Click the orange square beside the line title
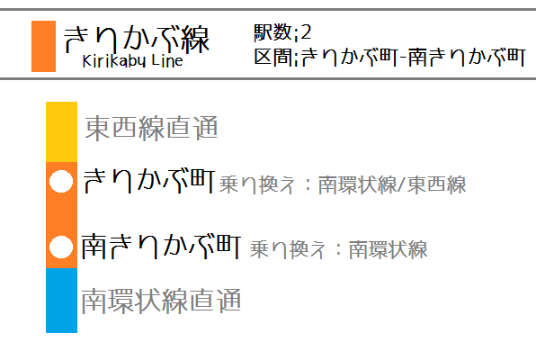coord(43,46)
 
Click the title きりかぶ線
coord(137,40)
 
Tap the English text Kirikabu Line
coord(132,61)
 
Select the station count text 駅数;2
coord(282,32)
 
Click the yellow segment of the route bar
coord(61,131)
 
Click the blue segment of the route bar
coord(61,300)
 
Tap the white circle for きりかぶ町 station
coord(61,182)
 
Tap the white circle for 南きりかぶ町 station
coord(61,247)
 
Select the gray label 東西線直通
coord(151,128)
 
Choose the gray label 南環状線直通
coord(161,301)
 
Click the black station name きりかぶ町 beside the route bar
coord(149,181)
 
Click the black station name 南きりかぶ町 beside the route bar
coord(161,247)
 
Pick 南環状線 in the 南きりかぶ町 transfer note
coord(388,249)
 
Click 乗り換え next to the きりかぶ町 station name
coord(256,184)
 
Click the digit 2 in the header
coord(305,32)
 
